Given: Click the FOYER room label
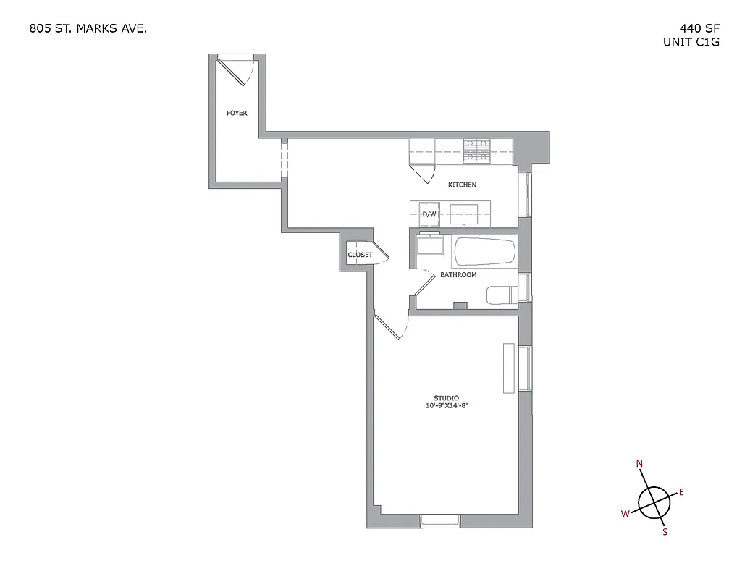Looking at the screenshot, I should pyautogui.click(x=237, y=114).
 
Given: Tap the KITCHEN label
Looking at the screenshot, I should pyautogui.click(x=462, y=185).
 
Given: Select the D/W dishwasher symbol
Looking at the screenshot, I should pyautogui.click(x=429, y=214).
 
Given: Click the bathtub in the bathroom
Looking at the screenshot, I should pyautogui.click(x=484, y=252).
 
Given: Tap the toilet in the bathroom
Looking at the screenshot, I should pyautogui.click(x=500, y=295).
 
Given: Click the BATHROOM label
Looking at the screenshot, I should pyautogui.click(x=458, y=275).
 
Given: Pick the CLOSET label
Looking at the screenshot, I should pyautogui.click(x=360, y=255).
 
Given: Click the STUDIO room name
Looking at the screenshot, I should pyautogui.click(x=446, y=398).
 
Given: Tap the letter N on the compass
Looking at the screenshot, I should pyautogui.click(x=639, y=463).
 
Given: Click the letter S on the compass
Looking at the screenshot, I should pyautogui.click(x=665, y=533).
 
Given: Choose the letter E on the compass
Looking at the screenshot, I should pyautogui.click(x=681, y=492).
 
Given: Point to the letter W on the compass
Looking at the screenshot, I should pyautogui.click(x=624, y=514).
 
